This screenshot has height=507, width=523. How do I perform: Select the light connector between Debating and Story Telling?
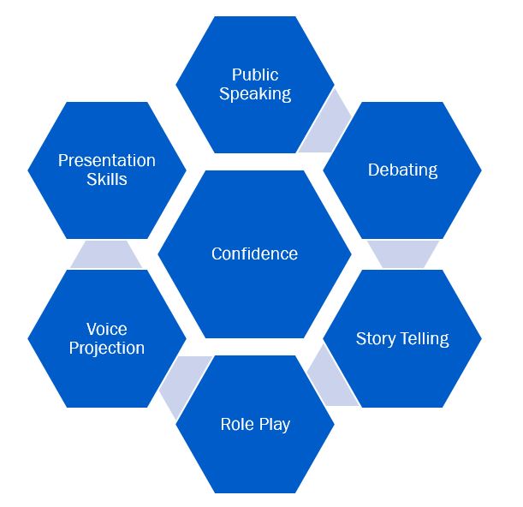point(403,254)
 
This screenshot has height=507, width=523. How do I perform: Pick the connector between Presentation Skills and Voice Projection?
point(106,254)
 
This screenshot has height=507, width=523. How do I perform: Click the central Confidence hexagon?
point(254,254)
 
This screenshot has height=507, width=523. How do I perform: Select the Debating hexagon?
point(402,170)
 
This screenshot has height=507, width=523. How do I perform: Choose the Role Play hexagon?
point(255,425)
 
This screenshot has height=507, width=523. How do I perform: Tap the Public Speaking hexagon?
point(255,85)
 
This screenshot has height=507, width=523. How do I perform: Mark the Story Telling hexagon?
point(402,338)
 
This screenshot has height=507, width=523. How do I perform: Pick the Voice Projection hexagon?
point(106,338)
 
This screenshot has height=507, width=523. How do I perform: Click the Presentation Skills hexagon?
point(106,170)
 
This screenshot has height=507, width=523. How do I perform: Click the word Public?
point(255,75)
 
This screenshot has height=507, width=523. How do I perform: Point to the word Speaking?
point(255,94)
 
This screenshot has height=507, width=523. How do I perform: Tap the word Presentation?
point(106,160)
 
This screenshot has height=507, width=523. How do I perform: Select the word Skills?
point(106,179)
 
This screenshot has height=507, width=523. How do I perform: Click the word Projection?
point(106,349)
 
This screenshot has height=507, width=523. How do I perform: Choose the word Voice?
point(106,330)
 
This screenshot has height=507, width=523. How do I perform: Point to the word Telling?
point(422,338)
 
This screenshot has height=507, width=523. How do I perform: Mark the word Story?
point(373,338)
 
